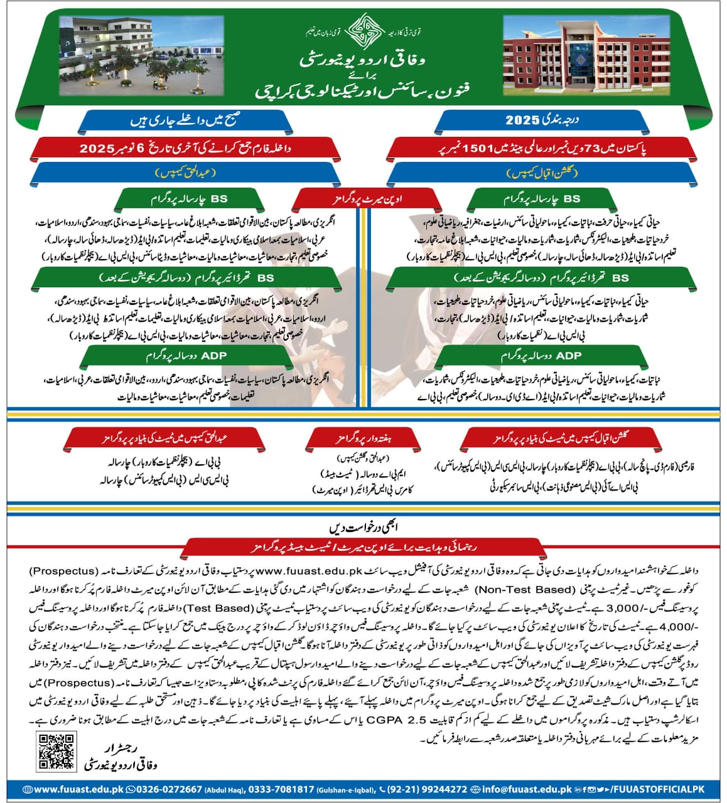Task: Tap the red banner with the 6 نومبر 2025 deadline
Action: click(x=185, y=149)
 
